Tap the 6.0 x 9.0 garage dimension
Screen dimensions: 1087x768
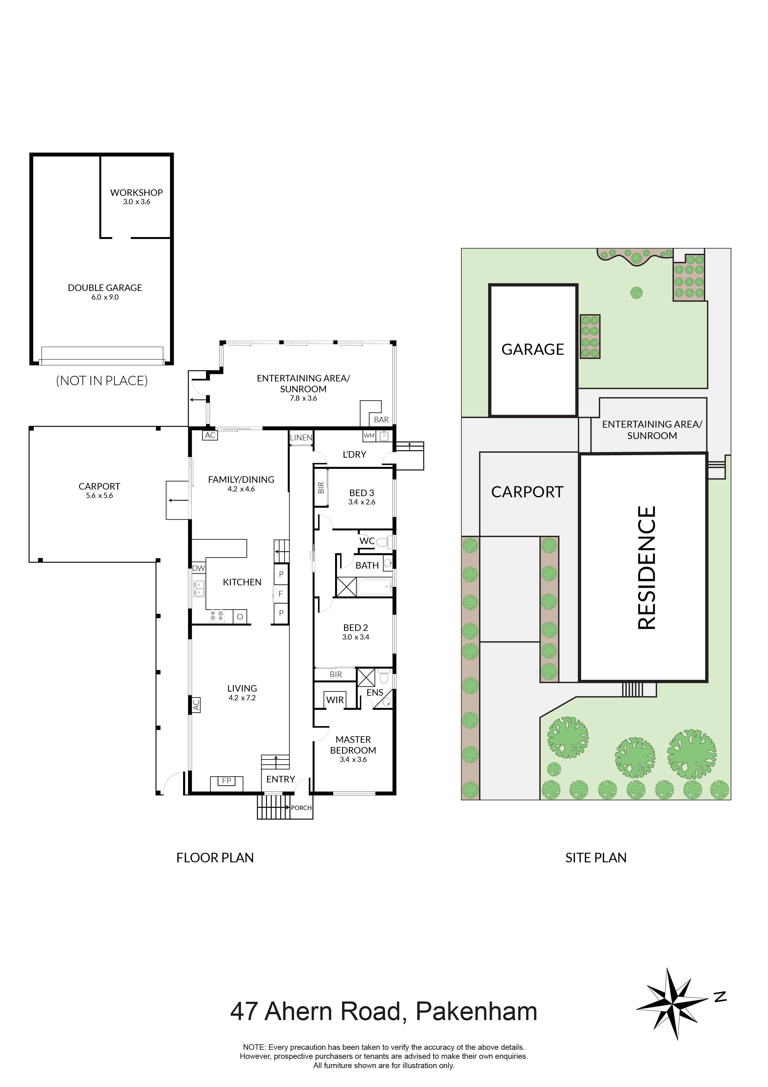point(105,297)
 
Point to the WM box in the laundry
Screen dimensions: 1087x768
point(369,436)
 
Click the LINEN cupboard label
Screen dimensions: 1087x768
point(301,438)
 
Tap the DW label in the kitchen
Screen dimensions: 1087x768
point(198,568)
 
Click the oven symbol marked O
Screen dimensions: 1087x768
point(240,616)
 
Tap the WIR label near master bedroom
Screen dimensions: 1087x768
point(335,700)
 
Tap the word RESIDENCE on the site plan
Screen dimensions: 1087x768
point(646,568)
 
